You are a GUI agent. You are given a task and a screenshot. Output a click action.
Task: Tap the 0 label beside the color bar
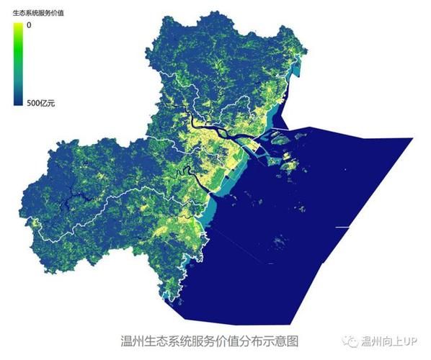pyautogui.click(x=29, y=25)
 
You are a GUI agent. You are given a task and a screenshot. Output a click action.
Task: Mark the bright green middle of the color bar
pyautogui.click(x=18, y=54)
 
